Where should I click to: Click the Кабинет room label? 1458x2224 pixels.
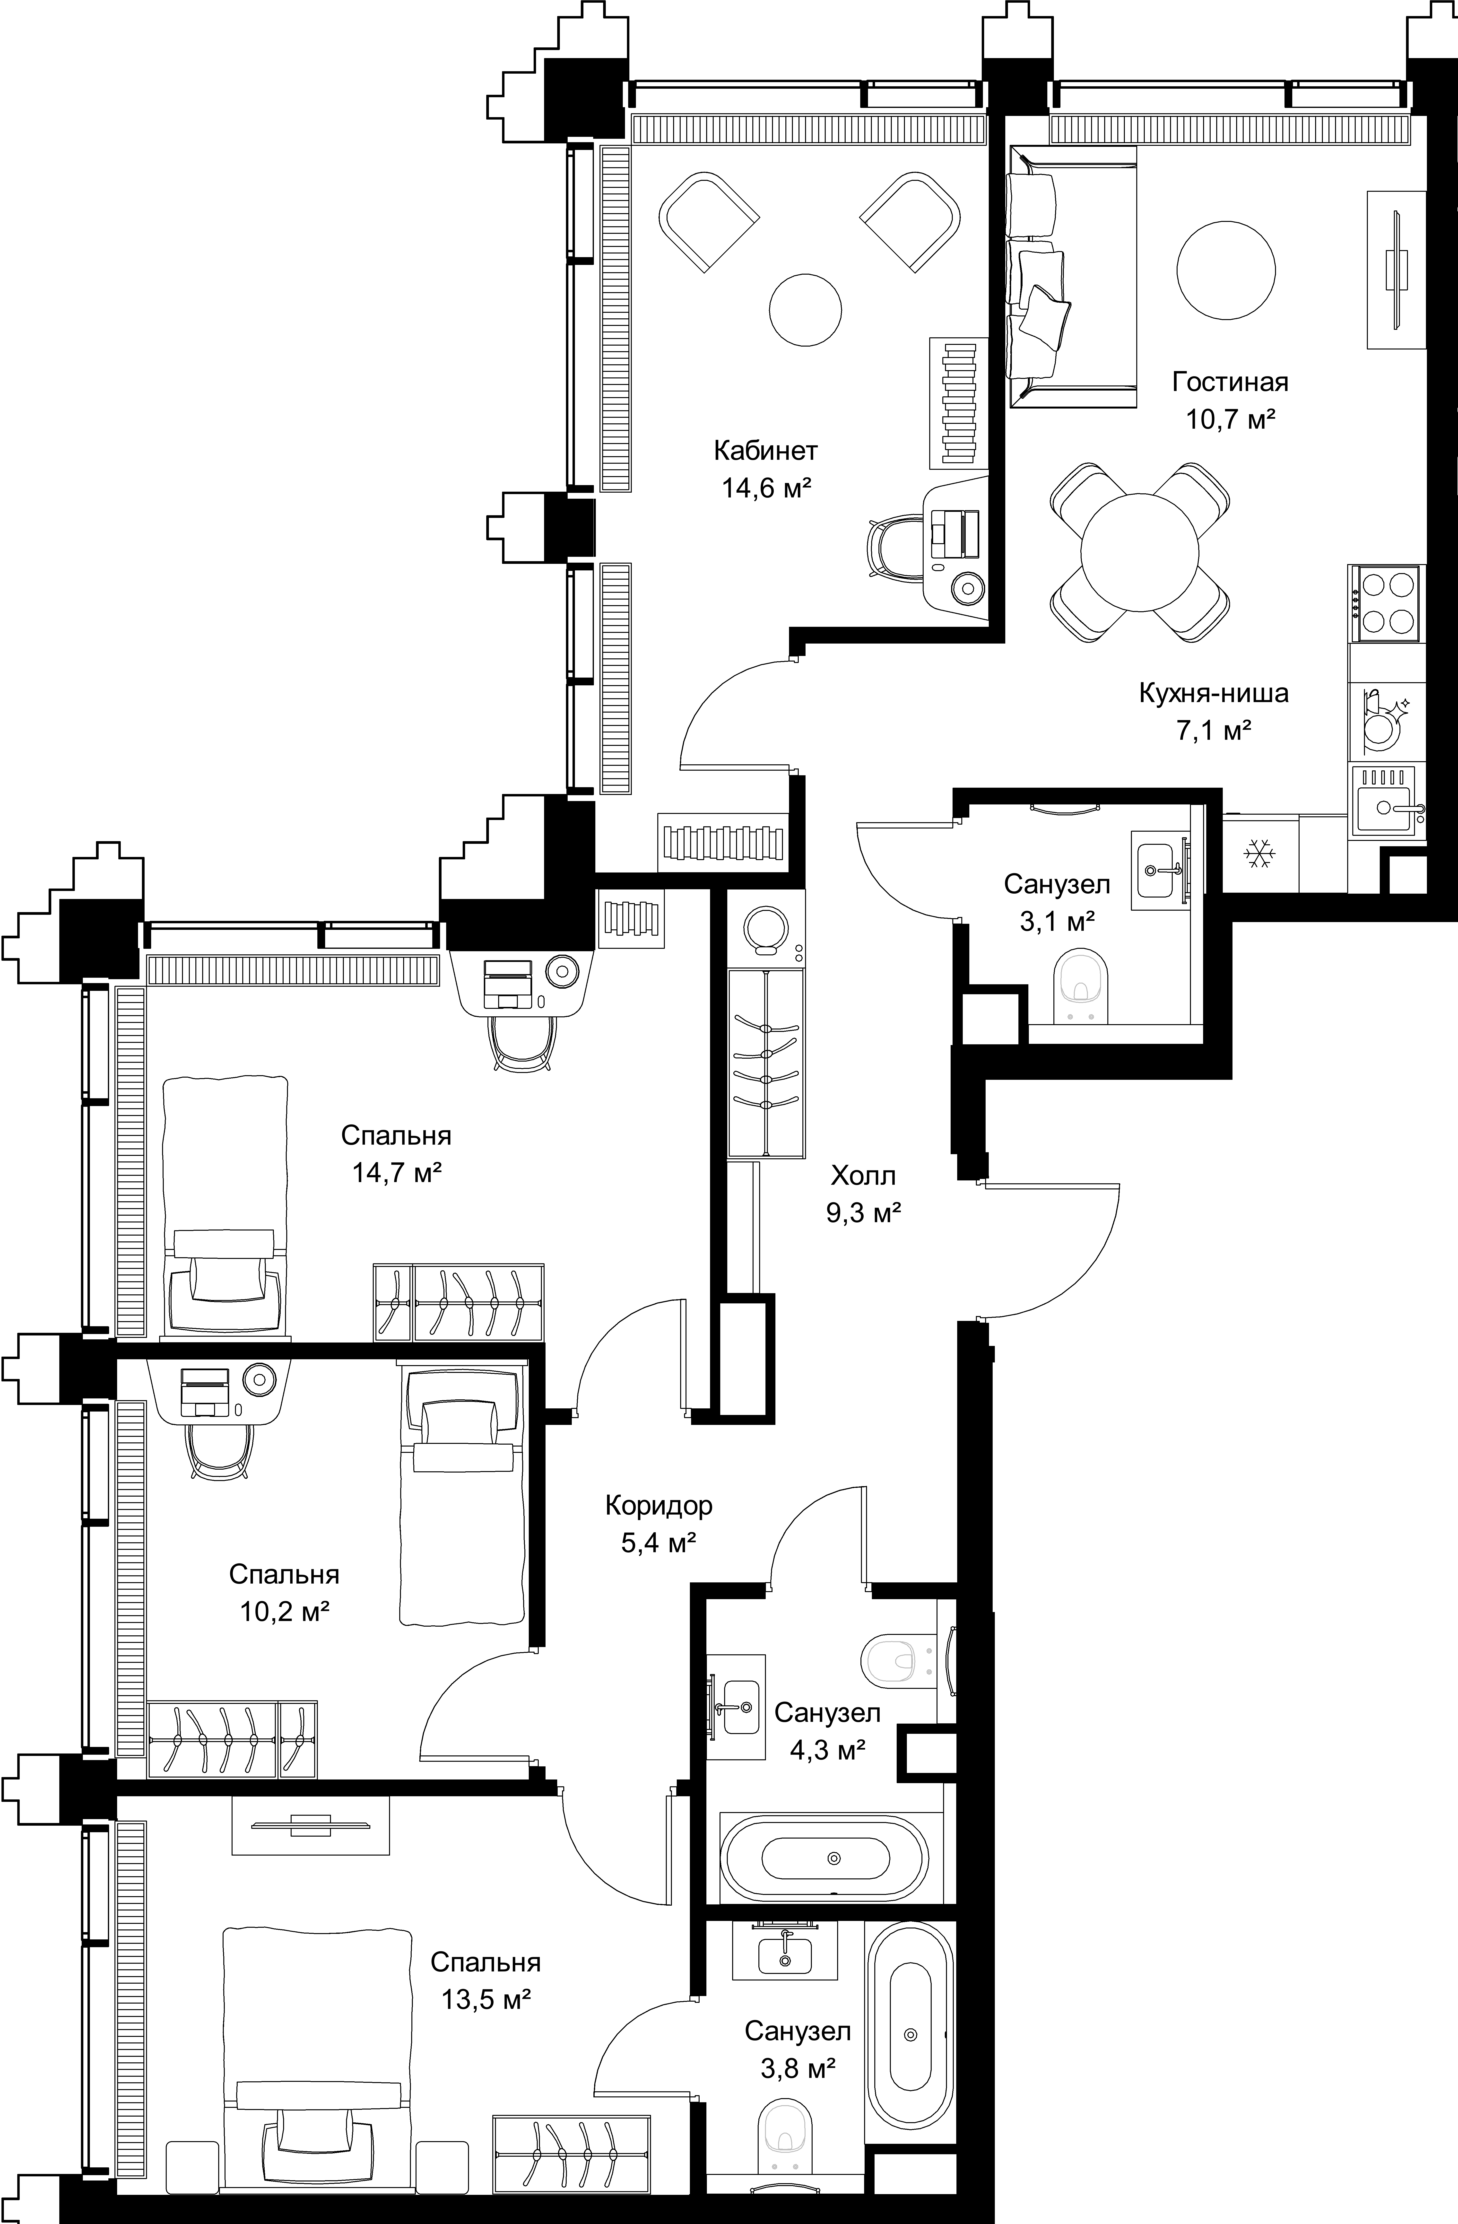click(x=765, y=451)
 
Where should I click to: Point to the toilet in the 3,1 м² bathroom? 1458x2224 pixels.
click(x=1080, y=987)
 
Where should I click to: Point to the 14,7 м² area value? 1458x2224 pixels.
click(x=396, y=1172)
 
